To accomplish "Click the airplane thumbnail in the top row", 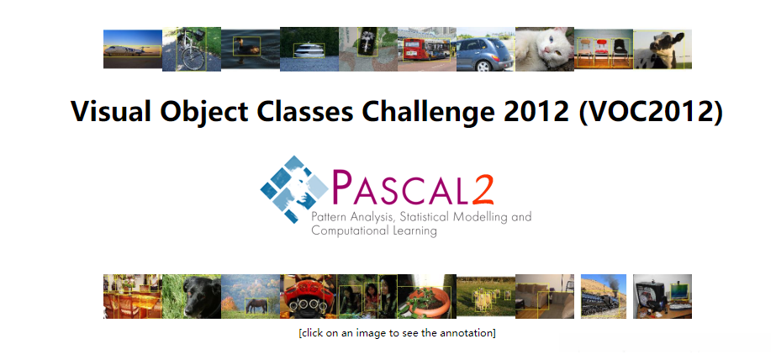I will click(x=132, y=50).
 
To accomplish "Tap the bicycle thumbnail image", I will click(x=191, y=50).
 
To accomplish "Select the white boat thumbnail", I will click(x=309, y=50).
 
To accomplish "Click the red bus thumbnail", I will click(x=426, y=50).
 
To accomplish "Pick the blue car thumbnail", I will click(x=485, y=50).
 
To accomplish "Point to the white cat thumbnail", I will click(x=544, y=50).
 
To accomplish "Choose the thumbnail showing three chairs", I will click(x=603, y=50).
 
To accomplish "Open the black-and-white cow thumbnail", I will click(x=663, y=50).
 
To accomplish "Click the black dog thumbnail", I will click(x=191, y=296).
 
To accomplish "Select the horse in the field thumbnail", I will click(x=250, y=296).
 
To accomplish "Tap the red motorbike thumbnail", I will click(x=309, y=296).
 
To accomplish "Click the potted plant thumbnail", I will click(x=426, y=296).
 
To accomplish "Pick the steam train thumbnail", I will click(x=604, y=296).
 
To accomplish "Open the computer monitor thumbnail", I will click(x=663, y=296).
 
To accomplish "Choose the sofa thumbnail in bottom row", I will click(x=544, y=296).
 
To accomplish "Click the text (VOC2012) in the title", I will click(x=651, y=112).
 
